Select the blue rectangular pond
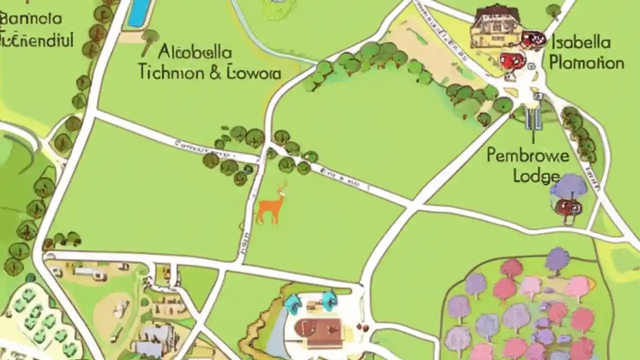[x=139, y=12]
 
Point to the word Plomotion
[x=586, y=63]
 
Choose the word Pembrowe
[x=527, y=155]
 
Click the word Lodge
[x=536, y=176]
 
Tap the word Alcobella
[x=195, y=52]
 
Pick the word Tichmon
[x=170, y=73]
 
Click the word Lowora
[x=254, y=73]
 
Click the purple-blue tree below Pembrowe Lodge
[x=568, y=186]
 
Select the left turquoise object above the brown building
[x=292, y=301]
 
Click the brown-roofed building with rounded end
[x=317, y=329]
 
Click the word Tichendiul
[x=37, y=39]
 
